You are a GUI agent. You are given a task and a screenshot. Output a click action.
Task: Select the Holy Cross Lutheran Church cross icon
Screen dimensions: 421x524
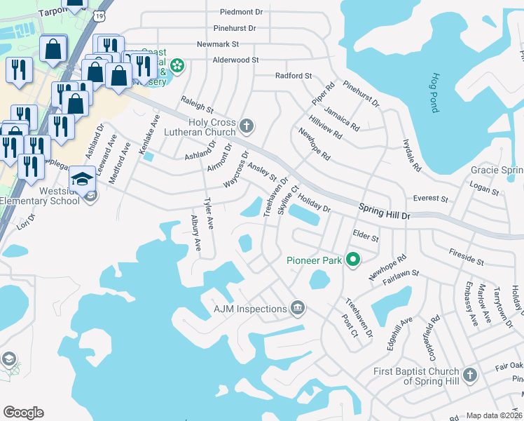246,126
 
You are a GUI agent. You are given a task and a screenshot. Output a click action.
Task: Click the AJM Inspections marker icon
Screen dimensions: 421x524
298,309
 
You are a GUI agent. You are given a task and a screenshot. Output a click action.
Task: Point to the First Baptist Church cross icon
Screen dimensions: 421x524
469,375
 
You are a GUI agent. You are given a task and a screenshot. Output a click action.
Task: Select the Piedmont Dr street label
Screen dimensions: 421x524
240,12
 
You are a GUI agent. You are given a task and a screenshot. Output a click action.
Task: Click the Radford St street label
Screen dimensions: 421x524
293,76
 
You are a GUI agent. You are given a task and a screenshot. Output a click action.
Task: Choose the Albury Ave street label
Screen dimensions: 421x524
197,234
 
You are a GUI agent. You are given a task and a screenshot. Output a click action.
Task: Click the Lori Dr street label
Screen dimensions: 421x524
25,223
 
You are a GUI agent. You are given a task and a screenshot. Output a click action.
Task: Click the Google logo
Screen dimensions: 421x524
23,413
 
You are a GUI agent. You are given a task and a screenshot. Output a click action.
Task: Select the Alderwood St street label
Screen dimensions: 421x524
236,60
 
